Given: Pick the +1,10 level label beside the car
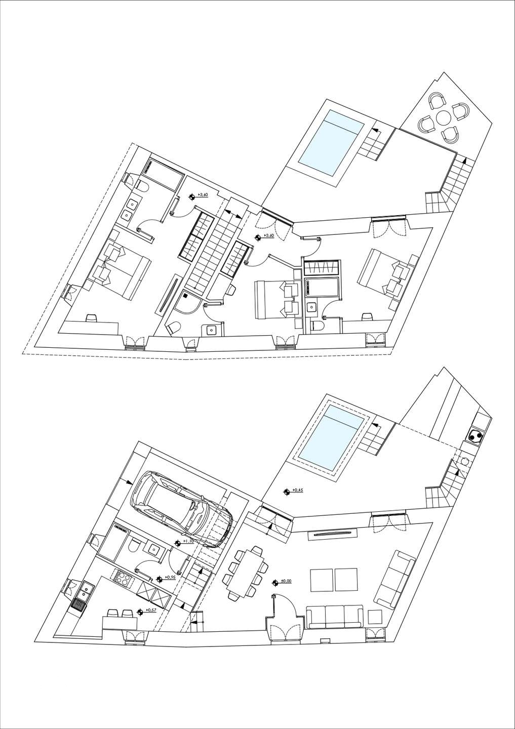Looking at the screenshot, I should point(188,542).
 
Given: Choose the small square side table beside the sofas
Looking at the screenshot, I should point(375,617).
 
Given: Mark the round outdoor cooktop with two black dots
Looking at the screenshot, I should point(476,435).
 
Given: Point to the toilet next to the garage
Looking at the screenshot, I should point(135,547).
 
